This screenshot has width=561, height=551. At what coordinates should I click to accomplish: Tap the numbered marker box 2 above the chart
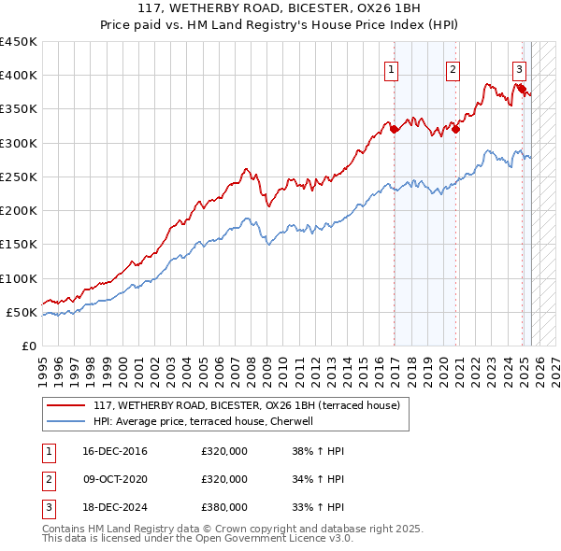coord(453,68)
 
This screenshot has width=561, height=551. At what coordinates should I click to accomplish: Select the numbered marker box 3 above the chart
coord(519,68)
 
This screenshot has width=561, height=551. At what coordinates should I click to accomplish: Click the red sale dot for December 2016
coord(395,130)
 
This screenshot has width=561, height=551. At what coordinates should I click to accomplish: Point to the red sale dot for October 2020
coord(455,130)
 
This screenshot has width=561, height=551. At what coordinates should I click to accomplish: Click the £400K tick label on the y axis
coord(20,76)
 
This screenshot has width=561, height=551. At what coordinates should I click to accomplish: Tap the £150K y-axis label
coord(20,245)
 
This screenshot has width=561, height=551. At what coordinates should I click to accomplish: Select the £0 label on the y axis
coord(29,346)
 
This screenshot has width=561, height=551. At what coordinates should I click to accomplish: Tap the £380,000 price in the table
coord(224,507)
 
